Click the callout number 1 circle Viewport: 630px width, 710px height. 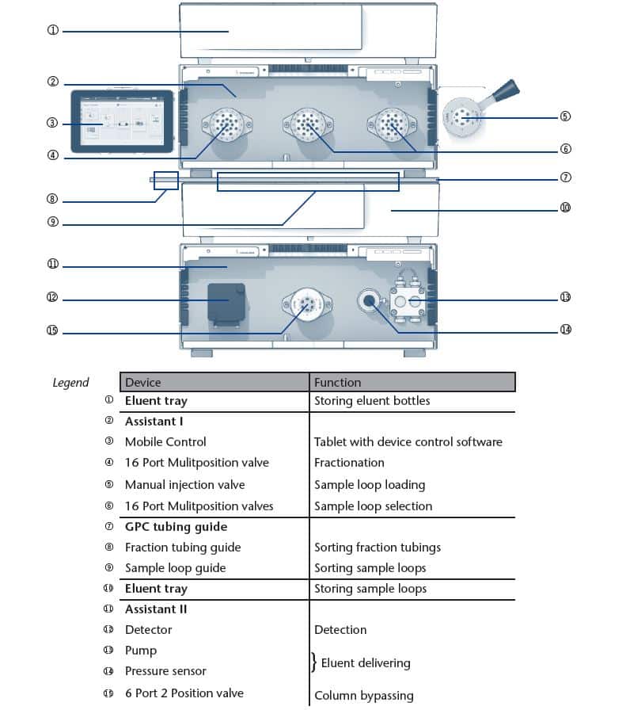[x=53, y=31]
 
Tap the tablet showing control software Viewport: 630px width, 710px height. [x=122, y=121]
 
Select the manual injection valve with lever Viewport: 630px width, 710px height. [x=466, y=116]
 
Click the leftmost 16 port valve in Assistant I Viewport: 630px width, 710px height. [x=227, y=124]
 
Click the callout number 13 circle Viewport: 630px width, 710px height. [x=565, y=297]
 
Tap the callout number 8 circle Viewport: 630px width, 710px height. [x=53, y=200]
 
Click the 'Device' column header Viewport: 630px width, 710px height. [x=142, y=382]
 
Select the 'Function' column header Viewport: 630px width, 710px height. [x=337, y=382]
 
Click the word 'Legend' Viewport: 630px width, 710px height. [x=70, y=383]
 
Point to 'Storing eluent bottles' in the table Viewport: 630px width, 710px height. [x=372, y=401]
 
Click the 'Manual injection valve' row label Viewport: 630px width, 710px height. [x=184, y=485]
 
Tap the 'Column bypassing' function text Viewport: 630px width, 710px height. [x=363, y=695]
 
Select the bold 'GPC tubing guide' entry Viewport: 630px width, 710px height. [x=176, y=527]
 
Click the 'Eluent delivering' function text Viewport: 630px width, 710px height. [x=365, y=662]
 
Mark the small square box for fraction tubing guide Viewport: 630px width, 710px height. [x=165, y=180]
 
